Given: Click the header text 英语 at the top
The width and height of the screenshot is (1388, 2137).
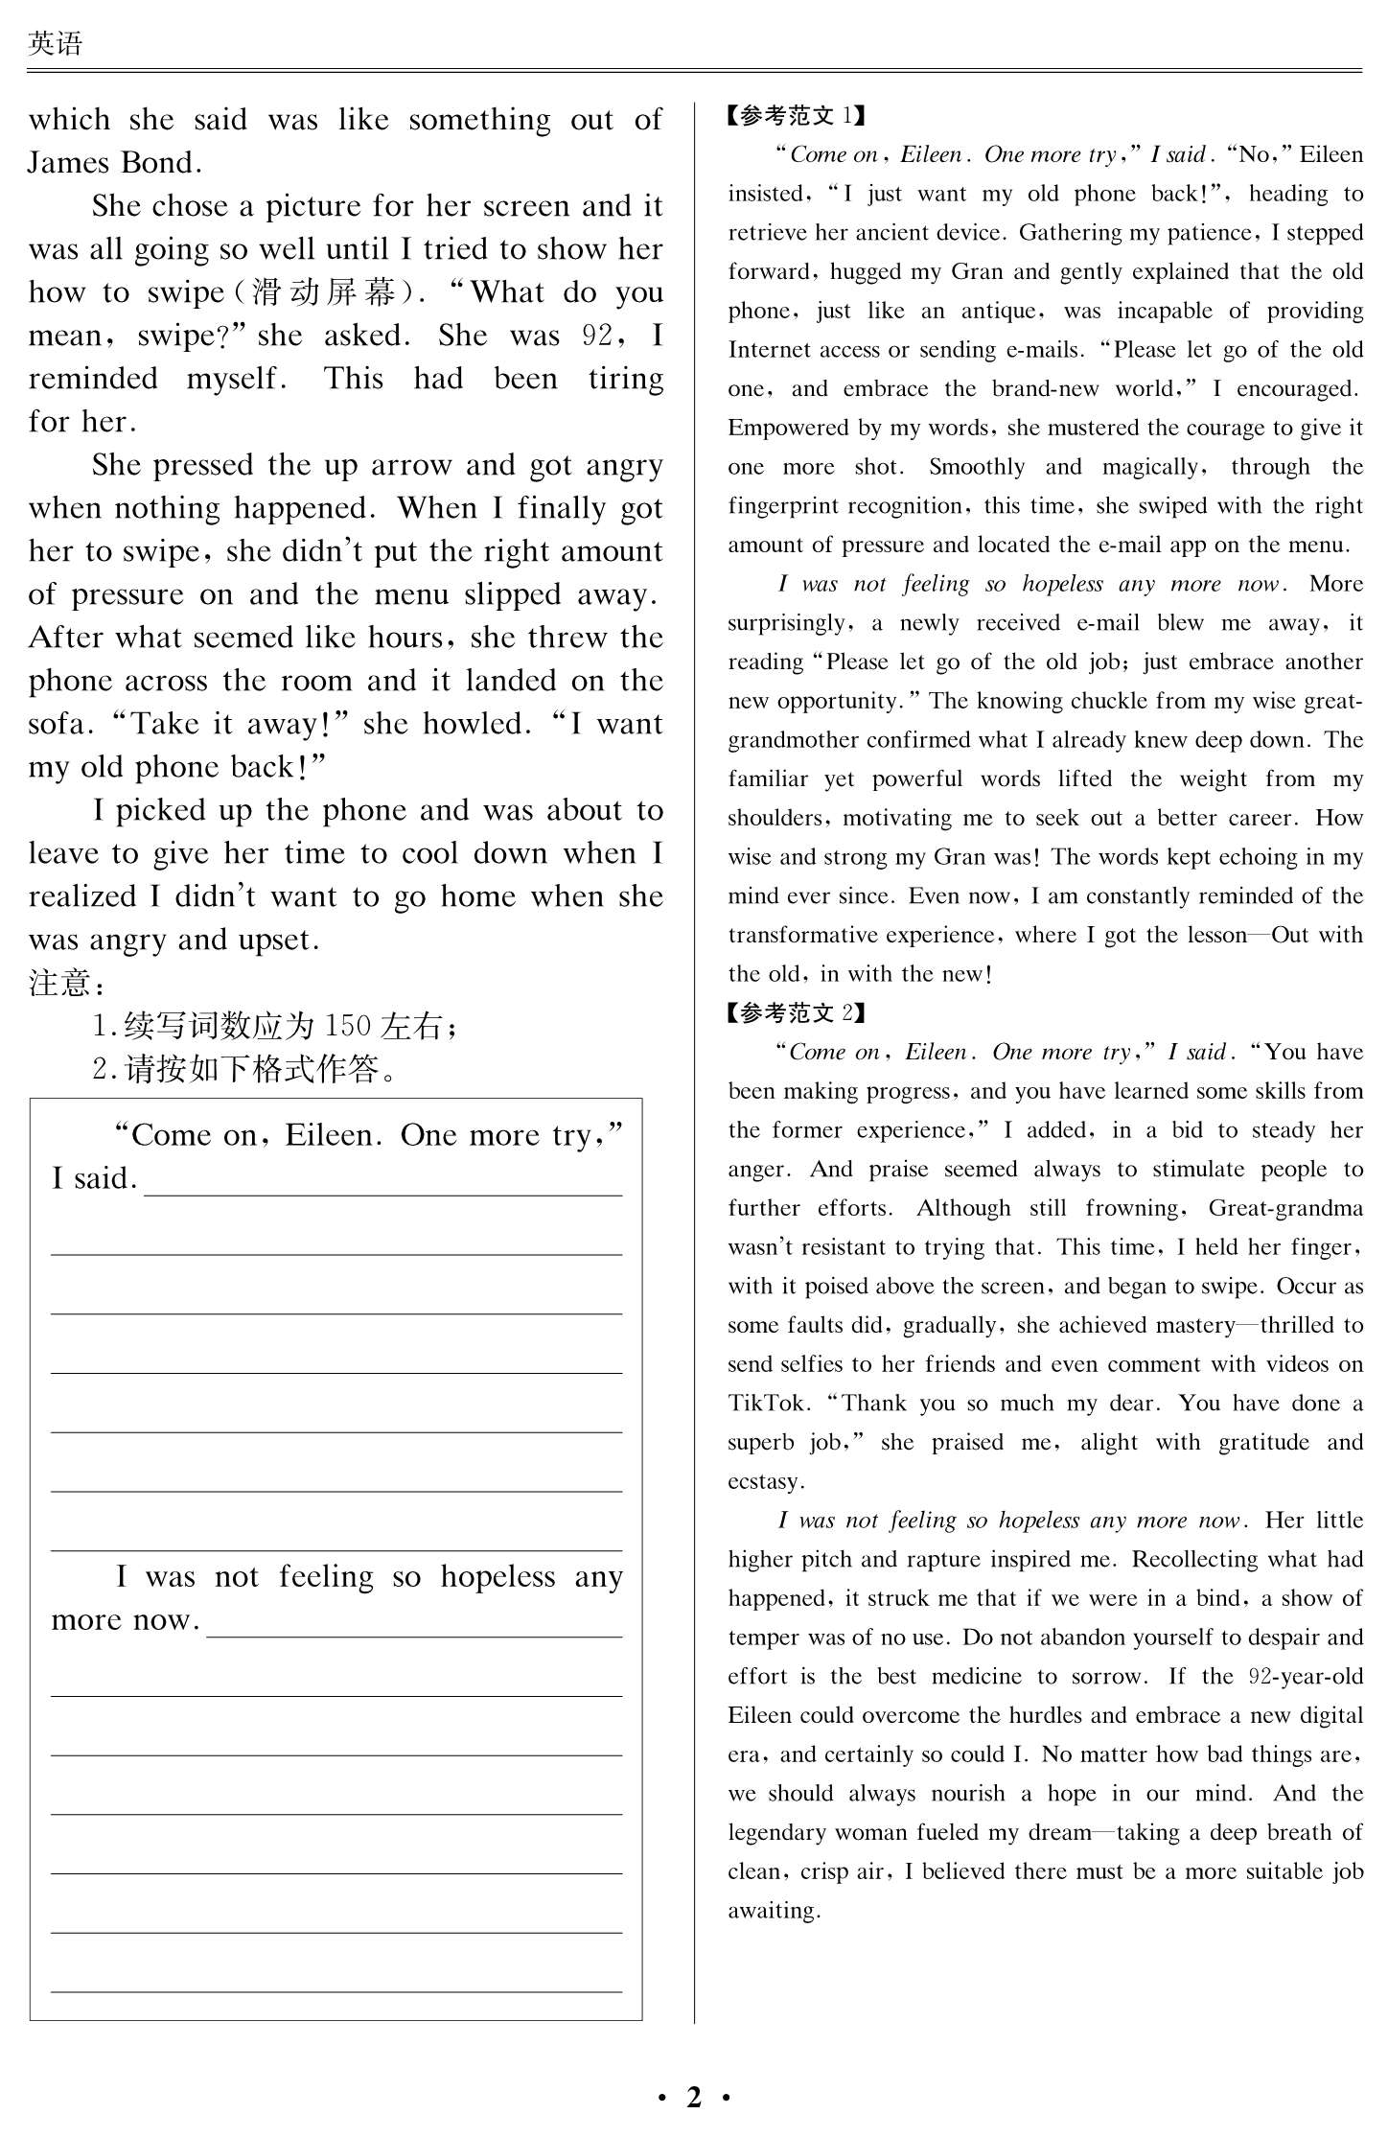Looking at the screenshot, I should tap(56, 43).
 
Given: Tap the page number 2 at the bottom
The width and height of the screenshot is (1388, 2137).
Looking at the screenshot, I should tap(694, 2097).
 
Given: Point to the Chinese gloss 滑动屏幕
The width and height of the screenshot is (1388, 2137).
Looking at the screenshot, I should tap(324, 292).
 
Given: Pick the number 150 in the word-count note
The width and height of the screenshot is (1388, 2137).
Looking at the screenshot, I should tap(348, 1026).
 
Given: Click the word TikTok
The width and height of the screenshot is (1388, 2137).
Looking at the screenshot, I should tap(767, 1404).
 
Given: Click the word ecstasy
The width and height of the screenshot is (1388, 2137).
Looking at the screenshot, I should tap(765, 1482).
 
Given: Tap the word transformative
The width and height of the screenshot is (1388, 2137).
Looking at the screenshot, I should tap(801, 935).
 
